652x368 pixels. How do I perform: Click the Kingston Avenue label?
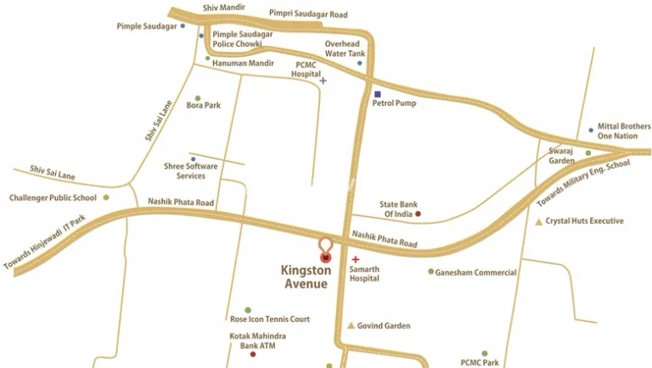tap(304, 277)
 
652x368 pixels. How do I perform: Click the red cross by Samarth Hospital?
tap(355, 259)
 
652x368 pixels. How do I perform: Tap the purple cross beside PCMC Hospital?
tap(323, 81)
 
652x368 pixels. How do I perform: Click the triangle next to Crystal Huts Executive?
tap(538, 222)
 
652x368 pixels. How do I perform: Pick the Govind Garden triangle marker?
tap(351, 326)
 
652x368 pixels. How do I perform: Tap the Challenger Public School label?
tap(53, 198)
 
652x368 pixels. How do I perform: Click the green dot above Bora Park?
tap(198, 98)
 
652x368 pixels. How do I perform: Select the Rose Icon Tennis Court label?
tap(270, 319)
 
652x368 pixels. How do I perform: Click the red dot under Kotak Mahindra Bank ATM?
tap(252, 355)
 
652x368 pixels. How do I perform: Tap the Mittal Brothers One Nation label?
tap(622, 131)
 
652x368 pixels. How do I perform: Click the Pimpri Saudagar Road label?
tap(308, 14)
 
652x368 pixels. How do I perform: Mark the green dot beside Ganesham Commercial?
tap(430, 272)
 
